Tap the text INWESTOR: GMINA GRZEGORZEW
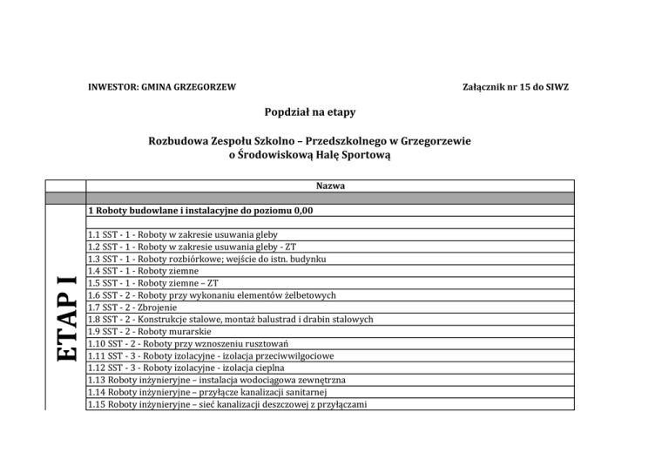[161, 88]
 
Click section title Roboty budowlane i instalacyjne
[200, 211]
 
